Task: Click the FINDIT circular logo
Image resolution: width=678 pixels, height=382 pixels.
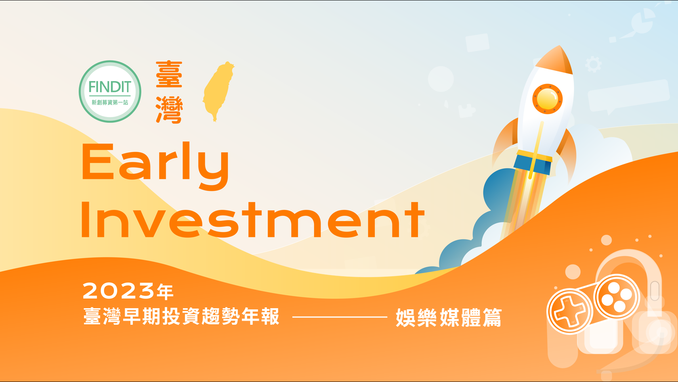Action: coord(110,91)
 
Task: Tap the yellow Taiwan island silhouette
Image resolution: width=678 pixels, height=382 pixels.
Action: coord(218,91)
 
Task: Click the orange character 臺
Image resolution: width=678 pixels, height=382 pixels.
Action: coord(169,74)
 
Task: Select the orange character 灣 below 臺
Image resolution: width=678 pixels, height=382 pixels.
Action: coord(169,109)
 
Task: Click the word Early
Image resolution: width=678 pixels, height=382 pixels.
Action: coord(155,166)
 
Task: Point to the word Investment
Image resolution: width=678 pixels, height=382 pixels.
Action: coord(253,219)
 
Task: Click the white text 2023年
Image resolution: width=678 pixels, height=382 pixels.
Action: coord(128,291)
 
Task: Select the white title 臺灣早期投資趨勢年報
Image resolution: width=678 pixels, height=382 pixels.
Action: coord(181,316)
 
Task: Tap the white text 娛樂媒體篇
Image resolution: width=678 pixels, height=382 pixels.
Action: coord(449,317)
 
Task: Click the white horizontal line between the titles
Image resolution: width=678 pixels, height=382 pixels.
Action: coord(340,317)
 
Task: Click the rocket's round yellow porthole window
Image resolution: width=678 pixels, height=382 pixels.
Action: coord(547,99)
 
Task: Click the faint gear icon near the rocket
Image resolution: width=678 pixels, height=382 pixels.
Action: coord(593,65)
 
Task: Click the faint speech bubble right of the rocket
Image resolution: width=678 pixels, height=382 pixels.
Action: coord(628,97)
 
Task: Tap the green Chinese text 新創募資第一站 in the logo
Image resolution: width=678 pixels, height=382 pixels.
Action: coord(110,102)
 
